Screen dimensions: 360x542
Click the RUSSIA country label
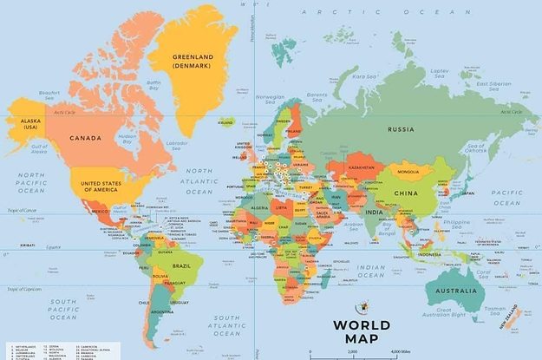tap(401, 129)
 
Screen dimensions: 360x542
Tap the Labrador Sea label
tap(177, 143)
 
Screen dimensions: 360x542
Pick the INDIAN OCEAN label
tap(370, 271)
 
